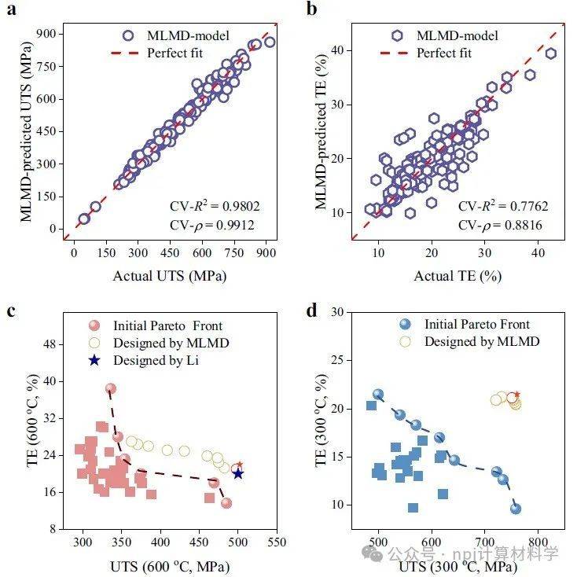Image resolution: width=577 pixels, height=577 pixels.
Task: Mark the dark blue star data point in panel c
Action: (238, 473)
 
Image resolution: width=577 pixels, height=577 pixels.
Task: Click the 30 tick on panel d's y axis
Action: (339, 313)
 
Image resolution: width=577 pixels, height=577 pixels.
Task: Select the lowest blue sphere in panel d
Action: (516, 509)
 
